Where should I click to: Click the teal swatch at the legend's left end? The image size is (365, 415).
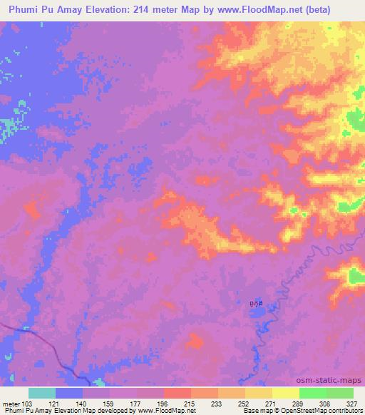[42, 393]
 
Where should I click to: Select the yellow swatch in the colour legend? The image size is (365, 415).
[285, 393]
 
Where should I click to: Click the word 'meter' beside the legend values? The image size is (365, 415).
[11, 404]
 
